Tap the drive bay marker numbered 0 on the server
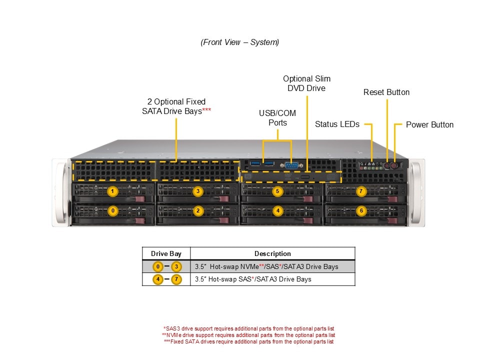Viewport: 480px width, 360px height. pos(113,211)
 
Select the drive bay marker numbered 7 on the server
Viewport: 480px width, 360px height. pos(361,191)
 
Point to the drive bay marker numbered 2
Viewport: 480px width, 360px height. pos(198,211)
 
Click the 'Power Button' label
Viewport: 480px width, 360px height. pos(429,124)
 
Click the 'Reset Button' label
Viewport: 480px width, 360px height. pos(386,92)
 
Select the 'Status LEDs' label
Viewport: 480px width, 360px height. pos(337,124)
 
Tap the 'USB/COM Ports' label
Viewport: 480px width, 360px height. pos(277,118)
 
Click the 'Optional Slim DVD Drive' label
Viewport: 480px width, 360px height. pos(306,83)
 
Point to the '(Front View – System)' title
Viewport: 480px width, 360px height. pos(240,42)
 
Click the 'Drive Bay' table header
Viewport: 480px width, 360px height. pos(166,253)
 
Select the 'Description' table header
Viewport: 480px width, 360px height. pos(272,253)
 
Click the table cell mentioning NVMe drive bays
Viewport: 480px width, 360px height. pos(266,266)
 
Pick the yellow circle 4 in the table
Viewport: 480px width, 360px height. pos(157,279)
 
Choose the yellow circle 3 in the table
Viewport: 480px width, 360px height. pos(176,266)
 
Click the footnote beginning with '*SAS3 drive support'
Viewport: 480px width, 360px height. pos(249,328)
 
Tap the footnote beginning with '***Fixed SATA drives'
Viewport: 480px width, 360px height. pos(248,341)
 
